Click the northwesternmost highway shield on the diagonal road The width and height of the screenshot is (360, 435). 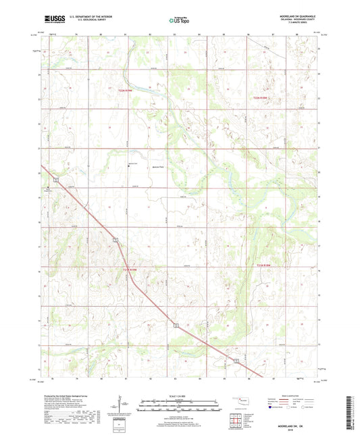coord(57,179)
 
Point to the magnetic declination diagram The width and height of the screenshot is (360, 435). coord(122,407)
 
